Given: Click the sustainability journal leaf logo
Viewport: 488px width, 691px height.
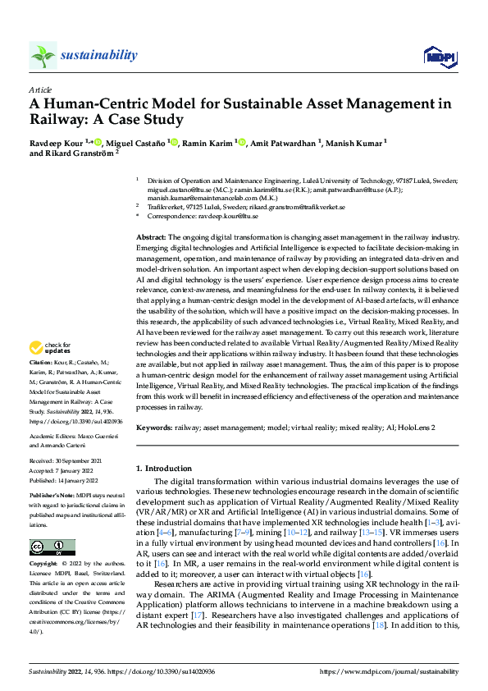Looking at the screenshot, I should coord(43,55).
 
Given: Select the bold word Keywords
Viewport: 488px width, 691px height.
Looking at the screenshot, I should coord(153,428).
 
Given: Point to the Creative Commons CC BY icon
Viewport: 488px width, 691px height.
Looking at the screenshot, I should coord(52,547).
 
